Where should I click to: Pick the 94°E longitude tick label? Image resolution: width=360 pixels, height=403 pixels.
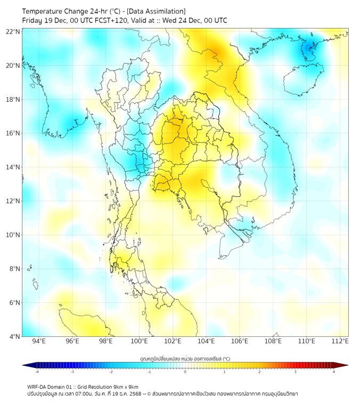pos(39,341)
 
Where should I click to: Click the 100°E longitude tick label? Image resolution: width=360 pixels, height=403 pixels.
pos(139,341)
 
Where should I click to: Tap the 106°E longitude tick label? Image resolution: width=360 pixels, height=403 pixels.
pos(240,341)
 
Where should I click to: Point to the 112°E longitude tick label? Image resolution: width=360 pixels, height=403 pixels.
pos(340,341)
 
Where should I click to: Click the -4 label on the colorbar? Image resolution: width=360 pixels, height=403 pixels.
pos(37,372)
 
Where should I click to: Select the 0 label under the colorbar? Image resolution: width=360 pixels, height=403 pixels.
pos(185,372)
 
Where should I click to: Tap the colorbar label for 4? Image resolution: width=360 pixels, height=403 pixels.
pos(333,372)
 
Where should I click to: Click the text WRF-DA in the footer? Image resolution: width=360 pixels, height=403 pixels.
pos(37,386)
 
